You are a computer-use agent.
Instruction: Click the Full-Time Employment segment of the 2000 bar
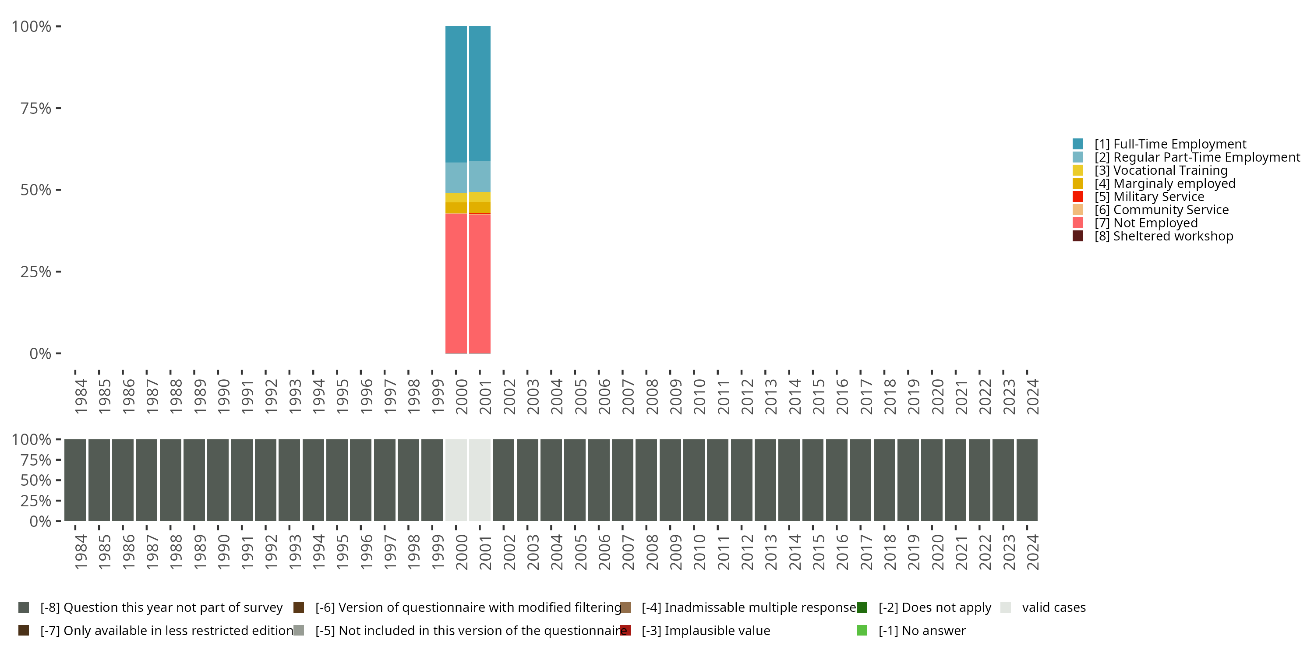click(x=456, y=94)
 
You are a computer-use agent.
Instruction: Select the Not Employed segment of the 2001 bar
click(x=480, y=283)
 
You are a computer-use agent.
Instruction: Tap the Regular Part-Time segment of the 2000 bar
click(x=456, y=177)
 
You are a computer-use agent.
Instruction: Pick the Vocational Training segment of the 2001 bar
click(x=480, y=197)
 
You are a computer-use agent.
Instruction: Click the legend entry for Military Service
click(x=1159, y=197)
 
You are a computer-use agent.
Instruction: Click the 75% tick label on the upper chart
click(x=36, y=108)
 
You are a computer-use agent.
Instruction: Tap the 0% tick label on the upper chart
click(x=40, y=353)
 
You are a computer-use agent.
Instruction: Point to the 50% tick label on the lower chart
click(x=36, y=480)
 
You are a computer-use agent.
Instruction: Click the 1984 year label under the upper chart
click(x=81, y=396)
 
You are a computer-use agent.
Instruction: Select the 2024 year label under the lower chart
click(x=1032, y=552)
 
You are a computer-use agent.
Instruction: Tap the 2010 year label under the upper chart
click(x=699, y=396)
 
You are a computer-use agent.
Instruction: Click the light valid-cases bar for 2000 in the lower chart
click(x=456, y=480)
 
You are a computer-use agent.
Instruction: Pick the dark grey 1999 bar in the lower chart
click(x=432, y=480)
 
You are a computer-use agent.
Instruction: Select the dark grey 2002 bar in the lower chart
click(x=503, y=480)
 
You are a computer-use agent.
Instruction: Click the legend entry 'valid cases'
click(x=1053, y=608)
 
